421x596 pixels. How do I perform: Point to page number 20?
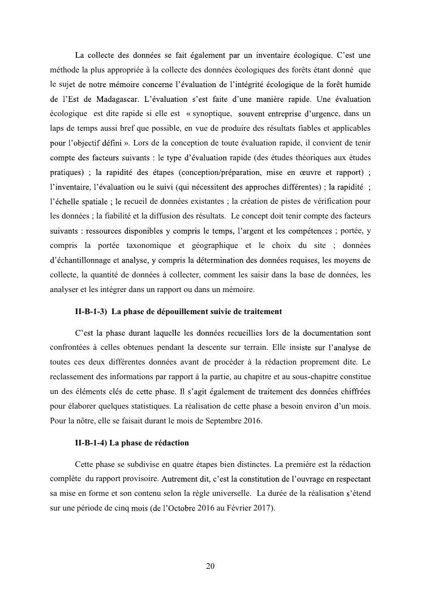coord(211,566)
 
